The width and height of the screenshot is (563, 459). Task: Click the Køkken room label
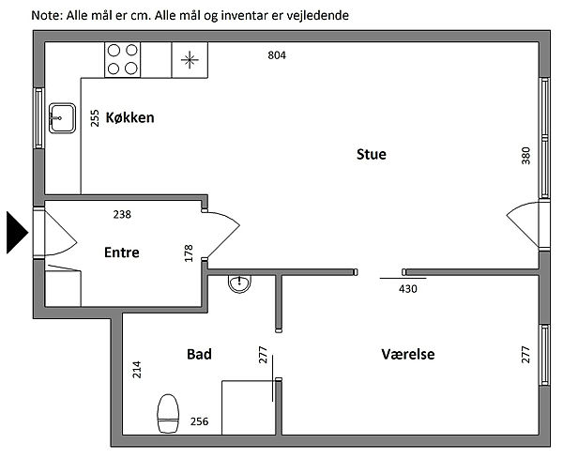click(129, 118)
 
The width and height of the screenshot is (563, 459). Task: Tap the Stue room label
click(371, 154)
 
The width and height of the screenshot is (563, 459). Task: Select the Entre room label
click(121, 252)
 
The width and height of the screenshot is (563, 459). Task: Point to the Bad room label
click(199, 354)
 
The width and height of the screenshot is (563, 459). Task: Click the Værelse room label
click(408, 354)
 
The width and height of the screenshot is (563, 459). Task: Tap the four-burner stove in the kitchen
click(124, 59)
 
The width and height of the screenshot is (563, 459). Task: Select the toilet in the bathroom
click(169, 411)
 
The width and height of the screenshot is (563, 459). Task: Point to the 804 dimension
click(276, 55)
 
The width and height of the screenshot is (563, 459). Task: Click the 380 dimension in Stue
click(525, 156)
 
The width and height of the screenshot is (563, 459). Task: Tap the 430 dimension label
click(407, 289)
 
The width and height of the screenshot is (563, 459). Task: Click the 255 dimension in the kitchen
click(95, 118)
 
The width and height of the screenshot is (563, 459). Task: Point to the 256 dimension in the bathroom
click(199, 421)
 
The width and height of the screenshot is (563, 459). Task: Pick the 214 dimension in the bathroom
click(138, 369)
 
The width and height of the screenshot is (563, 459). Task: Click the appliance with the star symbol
click(190, 60)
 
